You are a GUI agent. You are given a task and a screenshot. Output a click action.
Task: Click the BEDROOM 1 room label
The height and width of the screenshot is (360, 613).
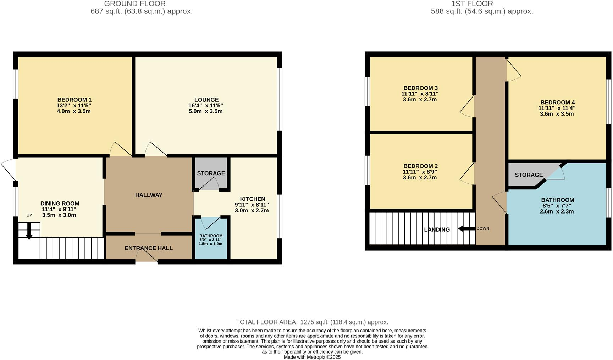[x=74, y=100]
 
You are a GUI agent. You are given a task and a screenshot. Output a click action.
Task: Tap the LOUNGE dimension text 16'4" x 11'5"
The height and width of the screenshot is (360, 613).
[x=206, y=106]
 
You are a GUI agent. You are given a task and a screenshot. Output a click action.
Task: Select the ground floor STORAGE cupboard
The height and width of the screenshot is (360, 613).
[x=211, y=173]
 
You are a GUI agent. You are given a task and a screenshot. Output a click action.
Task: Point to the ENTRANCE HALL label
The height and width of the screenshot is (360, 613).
[x=149, y=248]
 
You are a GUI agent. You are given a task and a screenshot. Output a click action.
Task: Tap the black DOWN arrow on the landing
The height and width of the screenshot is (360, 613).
[x=466, y=229]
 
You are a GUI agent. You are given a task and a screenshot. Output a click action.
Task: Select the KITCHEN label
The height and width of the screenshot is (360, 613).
[x=252, y=199]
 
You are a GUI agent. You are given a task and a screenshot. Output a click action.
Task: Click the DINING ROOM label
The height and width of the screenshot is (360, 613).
[x=60, y=204]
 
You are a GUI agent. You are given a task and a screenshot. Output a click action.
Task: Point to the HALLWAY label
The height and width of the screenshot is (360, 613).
[x=149, y=195]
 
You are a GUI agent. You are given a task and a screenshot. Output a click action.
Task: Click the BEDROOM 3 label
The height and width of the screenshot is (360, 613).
[x=420, y=88]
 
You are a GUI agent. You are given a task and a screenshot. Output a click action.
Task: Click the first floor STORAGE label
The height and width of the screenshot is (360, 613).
[x=529, y=175]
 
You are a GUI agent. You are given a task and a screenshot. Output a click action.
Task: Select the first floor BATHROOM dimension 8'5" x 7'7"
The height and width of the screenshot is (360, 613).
[x=557, y=206]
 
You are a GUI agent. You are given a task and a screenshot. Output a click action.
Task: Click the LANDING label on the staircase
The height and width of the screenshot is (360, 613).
[x=437, y=229]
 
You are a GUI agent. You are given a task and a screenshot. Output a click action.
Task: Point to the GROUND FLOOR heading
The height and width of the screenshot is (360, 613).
[x=135, y=4]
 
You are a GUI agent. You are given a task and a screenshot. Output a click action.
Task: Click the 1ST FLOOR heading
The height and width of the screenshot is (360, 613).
[x=472, y=4]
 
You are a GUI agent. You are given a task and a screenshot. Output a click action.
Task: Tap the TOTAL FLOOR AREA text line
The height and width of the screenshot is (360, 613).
[x=312, y=322]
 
